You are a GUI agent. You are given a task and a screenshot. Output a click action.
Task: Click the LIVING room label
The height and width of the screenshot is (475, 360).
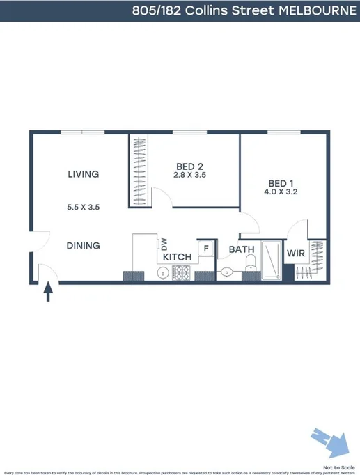coord(83,174)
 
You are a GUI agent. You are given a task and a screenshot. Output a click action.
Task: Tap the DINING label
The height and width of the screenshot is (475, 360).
coord(83,246)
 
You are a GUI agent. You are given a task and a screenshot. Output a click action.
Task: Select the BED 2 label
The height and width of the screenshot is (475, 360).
coord(189,166)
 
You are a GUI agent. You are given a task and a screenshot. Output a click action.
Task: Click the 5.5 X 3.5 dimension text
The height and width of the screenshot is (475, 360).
coord(83,207)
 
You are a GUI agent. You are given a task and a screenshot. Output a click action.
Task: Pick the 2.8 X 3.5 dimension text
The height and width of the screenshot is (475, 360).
coord(189,175)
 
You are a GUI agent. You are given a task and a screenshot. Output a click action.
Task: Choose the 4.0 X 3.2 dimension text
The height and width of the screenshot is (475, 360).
coord(282,192)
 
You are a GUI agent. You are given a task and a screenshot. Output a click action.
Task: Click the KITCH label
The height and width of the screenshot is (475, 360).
coord(177,258)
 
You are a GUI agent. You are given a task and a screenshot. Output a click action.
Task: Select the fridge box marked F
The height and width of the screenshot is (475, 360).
coord(206,248)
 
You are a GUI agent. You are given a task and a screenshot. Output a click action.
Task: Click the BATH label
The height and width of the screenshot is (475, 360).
coord(242,249)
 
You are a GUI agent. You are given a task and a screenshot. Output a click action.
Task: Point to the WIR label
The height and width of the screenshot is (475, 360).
coord(296,254)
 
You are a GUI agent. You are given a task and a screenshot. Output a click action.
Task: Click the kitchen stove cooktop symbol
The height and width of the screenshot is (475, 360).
coord(182,272)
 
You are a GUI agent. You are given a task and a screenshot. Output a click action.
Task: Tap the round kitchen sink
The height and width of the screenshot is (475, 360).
coord(162,273)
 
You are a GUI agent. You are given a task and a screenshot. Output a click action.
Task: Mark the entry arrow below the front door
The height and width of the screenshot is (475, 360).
coord(48,290)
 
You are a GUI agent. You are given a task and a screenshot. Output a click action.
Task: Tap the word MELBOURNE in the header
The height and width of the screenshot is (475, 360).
coord(318,10)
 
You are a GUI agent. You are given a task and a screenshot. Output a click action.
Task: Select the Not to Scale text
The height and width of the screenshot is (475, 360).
coord(337,467)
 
